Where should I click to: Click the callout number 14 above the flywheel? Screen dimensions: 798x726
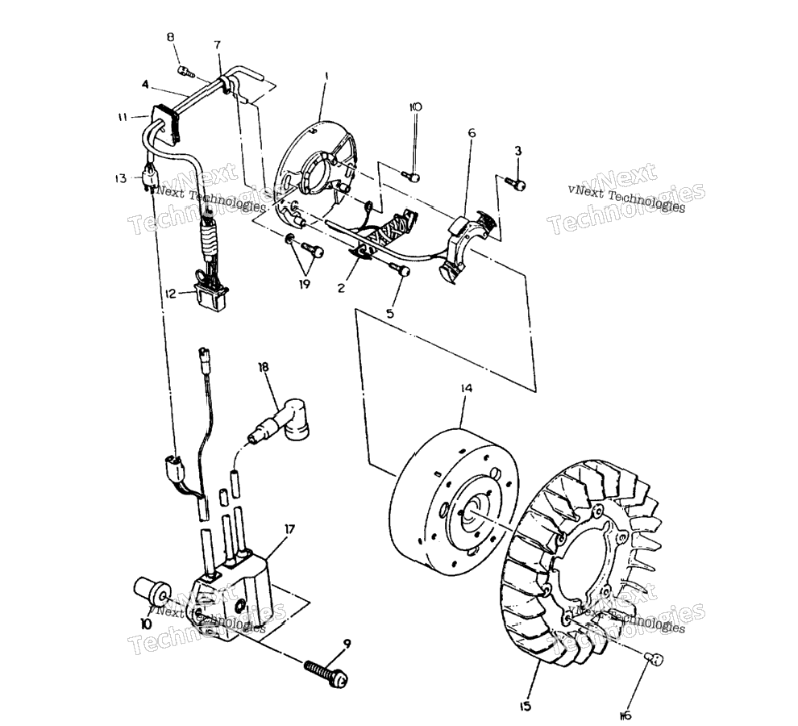466,388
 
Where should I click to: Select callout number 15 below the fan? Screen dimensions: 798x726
525,706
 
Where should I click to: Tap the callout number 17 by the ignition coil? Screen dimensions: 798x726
289,529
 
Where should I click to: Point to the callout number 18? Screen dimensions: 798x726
264,367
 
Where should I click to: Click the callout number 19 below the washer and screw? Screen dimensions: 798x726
304,284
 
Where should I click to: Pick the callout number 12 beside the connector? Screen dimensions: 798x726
171,294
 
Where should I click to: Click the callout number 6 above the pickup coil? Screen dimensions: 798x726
472,133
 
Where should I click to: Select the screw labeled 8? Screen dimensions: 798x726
186,71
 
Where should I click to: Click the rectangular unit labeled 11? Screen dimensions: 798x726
167,124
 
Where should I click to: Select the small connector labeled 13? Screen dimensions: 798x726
150,179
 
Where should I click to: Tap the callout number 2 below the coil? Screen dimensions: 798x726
341,287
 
